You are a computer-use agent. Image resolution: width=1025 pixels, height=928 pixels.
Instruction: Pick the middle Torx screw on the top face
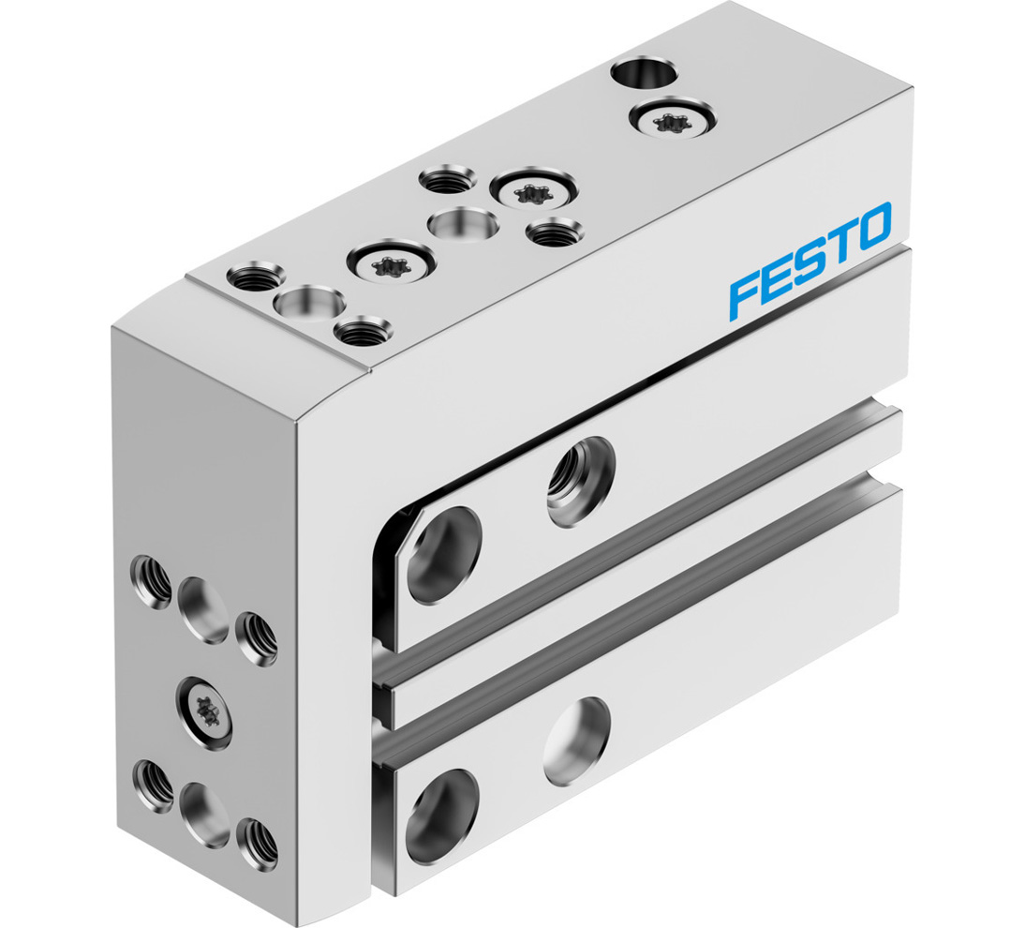point(530,192)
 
